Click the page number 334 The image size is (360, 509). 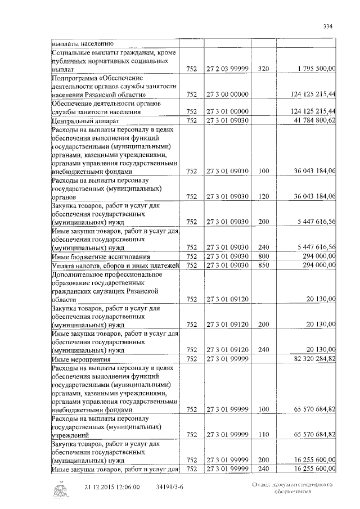tap(328, 26)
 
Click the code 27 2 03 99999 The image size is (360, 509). tap(228, 68)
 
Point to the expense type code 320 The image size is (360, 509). tap(263, 68)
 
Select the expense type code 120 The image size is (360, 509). tap(263, 196)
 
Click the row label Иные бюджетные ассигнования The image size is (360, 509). tap(91, 256)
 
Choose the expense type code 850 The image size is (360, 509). tap(263, 265)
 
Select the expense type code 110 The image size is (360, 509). tap(263, 434)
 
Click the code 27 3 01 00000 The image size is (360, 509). tap(228, 111)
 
